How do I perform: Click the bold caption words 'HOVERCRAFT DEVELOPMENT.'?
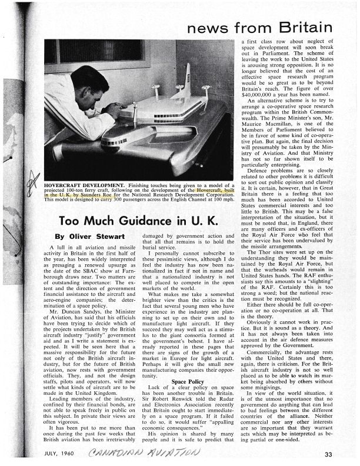point(81,184)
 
